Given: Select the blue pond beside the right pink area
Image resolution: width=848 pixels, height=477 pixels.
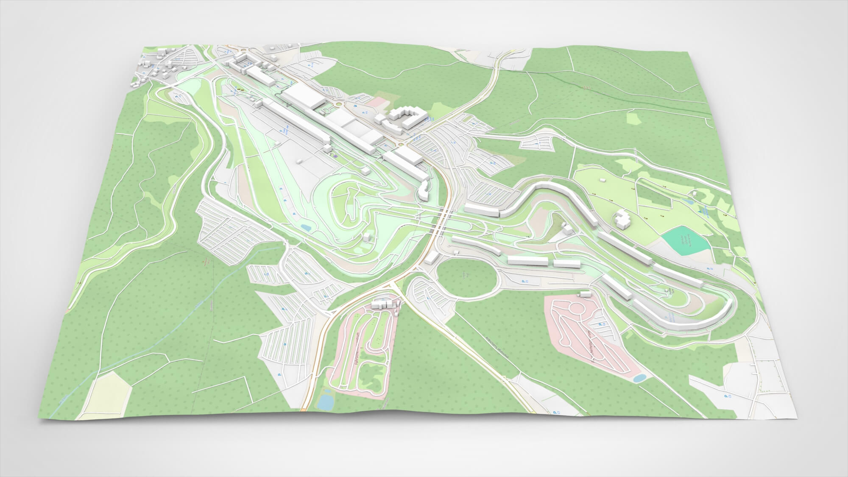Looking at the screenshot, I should point(640,378).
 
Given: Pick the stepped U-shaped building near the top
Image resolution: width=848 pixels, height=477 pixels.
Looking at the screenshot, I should point(405,116).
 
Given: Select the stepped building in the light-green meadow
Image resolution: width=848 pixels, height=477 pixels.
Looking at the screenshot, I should point(622,219).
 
